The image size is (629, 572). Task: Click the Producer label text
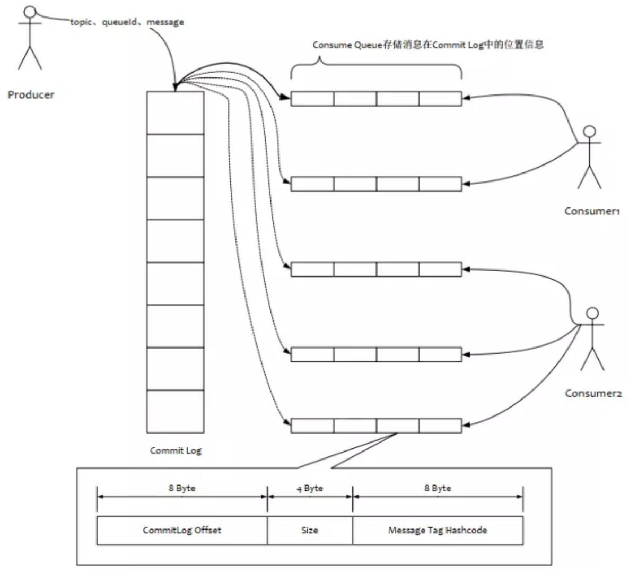coord(31,95)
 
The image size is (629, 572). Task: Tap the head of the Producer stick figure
coord(31,12)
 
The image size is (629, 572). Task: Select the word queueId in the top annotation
coord(119,22)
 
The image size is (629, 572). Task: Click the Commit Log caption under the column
coord(176,450)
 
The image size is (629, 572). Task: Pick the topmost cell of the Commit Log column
coord(175,113)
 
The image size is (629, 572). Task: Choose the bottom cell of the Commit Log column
coord(175,411)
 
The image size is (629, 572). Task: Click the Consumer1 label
coord(592,211)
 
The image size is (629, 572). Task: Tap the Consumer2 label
coord(593,393)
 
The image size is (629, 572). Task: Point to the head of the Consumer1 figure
coord(589,131)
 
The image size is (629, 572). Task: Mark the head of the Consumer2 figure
coord(592,313)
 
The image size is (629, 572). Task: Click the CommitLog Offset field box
coord(182,530)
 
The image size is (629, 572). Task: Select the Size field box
coord(310,530)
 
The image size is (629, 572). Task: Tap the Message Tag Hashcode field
coord(438,530)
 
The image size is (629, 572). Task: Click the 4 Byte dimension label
coord(310,488)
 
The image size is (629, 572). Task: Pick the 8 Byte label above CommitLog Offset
coord(182,488)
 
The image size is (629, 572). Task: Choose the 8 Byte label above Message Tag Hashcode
coord(438,488)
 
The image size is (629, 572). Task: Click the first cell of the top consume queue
coord(312,99)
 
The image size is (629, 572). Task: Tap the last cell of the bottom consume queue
coord(440,426)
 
